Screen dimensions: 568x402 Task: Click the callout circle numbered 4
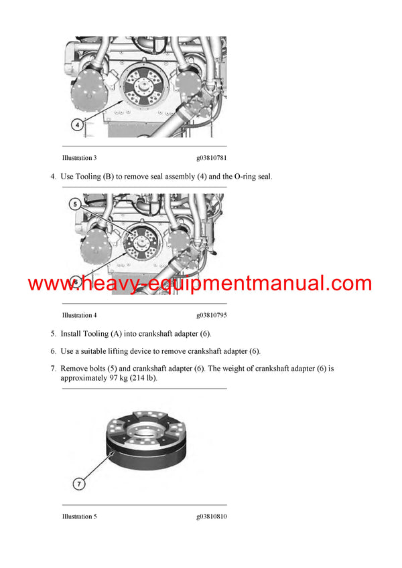[x=78, y=124]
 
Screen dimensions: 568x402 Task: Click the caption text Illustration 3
[x=79, y=158]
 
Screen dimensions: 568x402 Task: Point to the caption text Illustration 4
[x=79, y=315]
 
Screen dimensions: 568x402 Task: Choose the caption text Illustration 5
[x=79, y=516]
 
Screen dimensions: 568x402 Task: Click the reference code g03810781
[x=211, y=158]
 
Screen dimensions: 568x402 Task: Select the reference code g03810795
[x=211, y=315]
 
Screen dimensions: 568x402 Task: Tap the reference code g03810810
[x=211, y=516]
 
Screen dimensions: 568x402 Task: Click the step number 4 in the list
[x=52, y=177]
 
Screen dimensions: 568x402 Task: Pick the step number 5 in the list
[x=52, y=333]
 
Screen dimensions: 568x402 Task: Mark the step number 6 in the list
[x=52, y=351]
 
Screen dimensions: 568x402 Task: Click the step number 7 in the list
[x=52, y=369]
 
